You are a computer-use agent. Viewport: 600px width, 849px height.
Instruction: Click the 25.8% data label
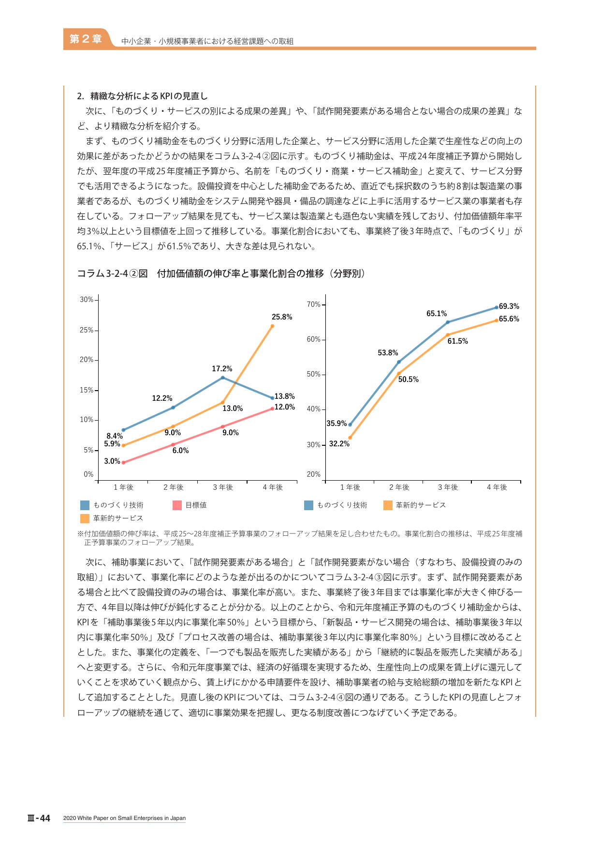282,317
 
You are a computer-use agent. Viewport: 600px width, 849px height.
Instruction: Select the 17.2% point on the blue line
222,378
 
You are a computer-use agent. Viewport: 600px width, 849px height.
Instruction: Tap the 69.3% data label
509,306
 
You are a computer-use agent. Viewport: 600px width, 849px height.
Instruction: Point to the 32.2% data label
339,444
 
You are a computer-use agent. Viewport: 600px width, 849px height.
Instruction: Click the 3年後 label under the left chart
223,487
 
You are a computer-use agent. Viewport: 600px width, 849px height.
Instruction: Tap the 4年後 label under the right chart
497,487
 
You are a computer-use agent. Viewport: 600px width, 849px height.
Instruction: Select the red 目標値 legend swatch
177,505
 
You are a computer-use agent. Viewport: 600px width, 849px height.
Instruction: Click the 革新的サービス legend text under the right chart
421,505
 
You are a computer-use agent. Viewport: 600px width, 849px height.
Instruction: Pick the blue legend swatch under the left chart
85,505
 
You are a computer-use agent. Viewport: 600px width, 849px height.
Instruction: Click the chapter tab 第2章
86,39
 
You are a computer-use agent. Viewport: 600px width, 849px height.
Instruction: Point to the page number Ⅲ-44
39,818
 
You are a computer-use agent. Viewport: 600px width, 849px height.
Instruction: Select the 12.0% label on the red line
285,407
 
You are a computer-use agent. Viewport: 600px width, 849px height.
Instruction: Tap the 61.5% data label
458,341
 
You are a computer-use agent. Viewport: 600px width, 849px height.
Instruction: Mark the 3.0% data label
112,461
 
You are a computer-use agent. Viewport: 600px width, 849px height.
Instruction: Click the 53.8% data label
388,353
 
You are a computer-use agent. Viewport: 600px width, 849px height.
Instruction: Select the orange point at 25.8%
272,326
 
